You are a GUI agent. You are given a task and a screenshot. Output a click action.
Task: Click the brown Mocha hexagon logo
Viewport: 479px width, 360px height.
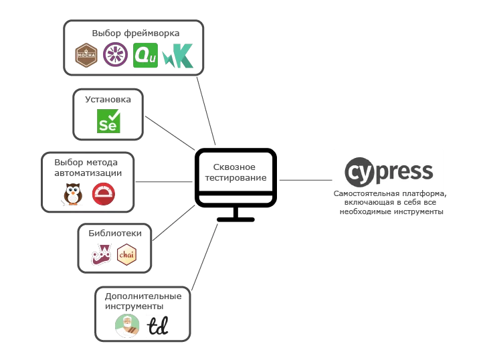click(86, 55)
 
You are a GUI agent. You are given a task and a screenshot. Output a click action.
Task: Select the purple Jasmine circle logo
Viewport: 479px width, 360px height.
click(115, 54)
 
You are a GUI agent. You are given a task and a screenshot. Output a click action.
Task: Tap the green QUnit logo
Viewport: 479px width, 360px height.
click(145, 55)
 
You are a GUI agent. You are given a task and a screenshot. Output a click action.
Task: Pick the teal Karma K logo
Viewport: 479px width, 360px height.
click(178, 56)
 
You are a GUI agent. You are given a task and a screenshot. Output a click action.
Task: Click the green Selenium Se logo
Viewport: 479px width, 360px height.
click(108, 121)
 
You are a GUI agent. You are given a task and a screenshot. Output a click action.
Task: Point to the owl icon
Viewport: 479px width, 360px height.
click(73, 194)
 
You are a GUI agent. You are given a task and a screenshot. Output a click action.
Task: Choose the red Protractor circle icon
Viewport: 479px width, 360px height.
click(104, 194)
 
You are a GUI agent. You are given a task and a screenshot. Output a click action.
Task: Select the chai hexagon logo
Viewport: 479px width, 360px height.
click(126, 254)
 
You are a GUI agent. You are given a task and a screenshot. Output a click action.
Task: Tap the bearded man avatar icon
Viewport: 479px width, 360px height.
click(127, 326)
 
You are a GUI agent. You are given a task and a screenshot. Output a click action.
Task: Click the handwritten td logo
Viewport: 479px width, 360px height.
click(158, 326)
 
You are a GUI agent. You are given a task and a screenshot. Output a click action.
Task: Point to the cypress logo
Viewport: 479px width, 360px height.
click(389, 172)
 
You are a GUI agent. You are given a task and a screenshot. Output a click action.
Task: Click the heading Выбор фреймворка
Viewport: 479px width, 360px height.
click(136, 33)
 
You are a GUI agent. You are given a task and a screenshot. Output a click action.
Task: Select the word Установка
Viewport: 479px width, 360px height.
click(108, 99)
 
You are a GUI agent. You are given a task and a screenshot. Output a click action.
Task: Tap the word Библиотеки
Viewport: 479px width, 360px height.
click(115, 233)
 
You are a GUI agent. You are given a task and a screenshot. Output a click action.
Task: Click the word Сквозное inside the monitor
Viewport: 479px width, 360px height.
click(234, 167)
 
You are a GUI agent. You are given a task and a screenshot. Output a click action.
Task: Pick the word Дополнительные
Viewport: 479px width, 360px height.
click(143, 296)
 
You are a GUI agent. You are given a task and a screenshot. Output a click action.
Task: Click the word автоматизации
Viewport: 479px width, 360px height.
click(88, 173)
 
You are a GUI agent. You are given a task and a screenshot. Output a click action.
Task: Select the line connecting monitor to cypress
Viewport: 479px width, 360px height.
click(306, 180)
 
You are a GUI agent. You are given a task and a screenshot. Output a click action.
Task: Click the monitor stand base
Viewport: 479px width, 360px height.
click(235, 219)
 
